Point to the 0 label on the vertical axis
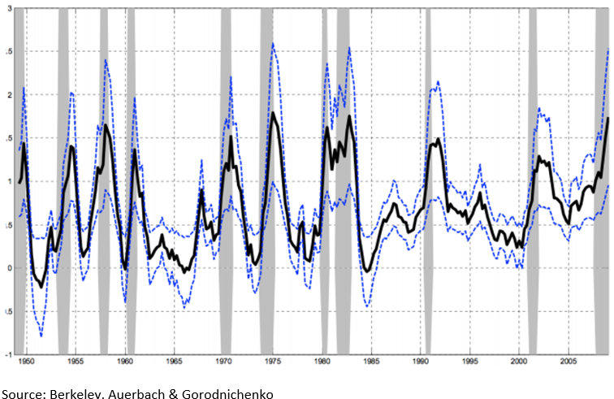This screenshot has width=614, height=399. (8, 268)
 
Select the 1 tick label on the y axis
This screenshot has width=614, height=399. (8, 181)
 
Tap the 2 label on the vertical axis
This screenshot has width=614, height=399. (8, 94)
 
